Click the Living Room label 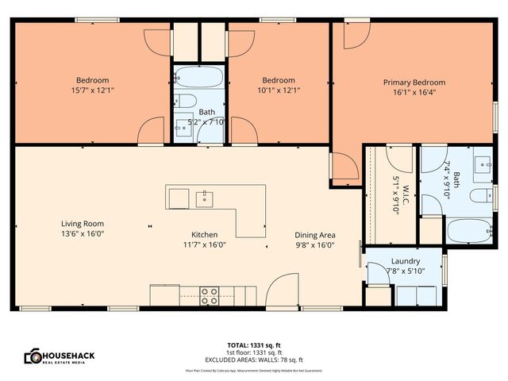point(83,224)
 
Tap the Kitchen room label point(204,234)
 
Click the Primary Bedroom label point(414,82)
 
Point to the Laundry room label point(406,260)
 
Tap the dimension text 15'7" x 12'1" point(92,90)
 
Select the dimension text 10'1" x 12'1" point(279,90)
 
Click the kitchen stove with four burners point(209,295)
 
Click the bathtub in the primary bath point(468,230)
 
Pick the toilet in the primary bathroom point(479,196)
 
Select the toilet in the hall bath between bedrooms point(185,101)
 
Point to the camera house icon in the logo point(33,356)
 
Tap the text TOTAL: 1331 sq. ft point(253,345)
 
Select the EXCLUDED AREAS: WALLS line point(253,360)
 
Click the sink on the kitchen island point(205,196)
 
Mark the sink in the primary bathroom point(481,165)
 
